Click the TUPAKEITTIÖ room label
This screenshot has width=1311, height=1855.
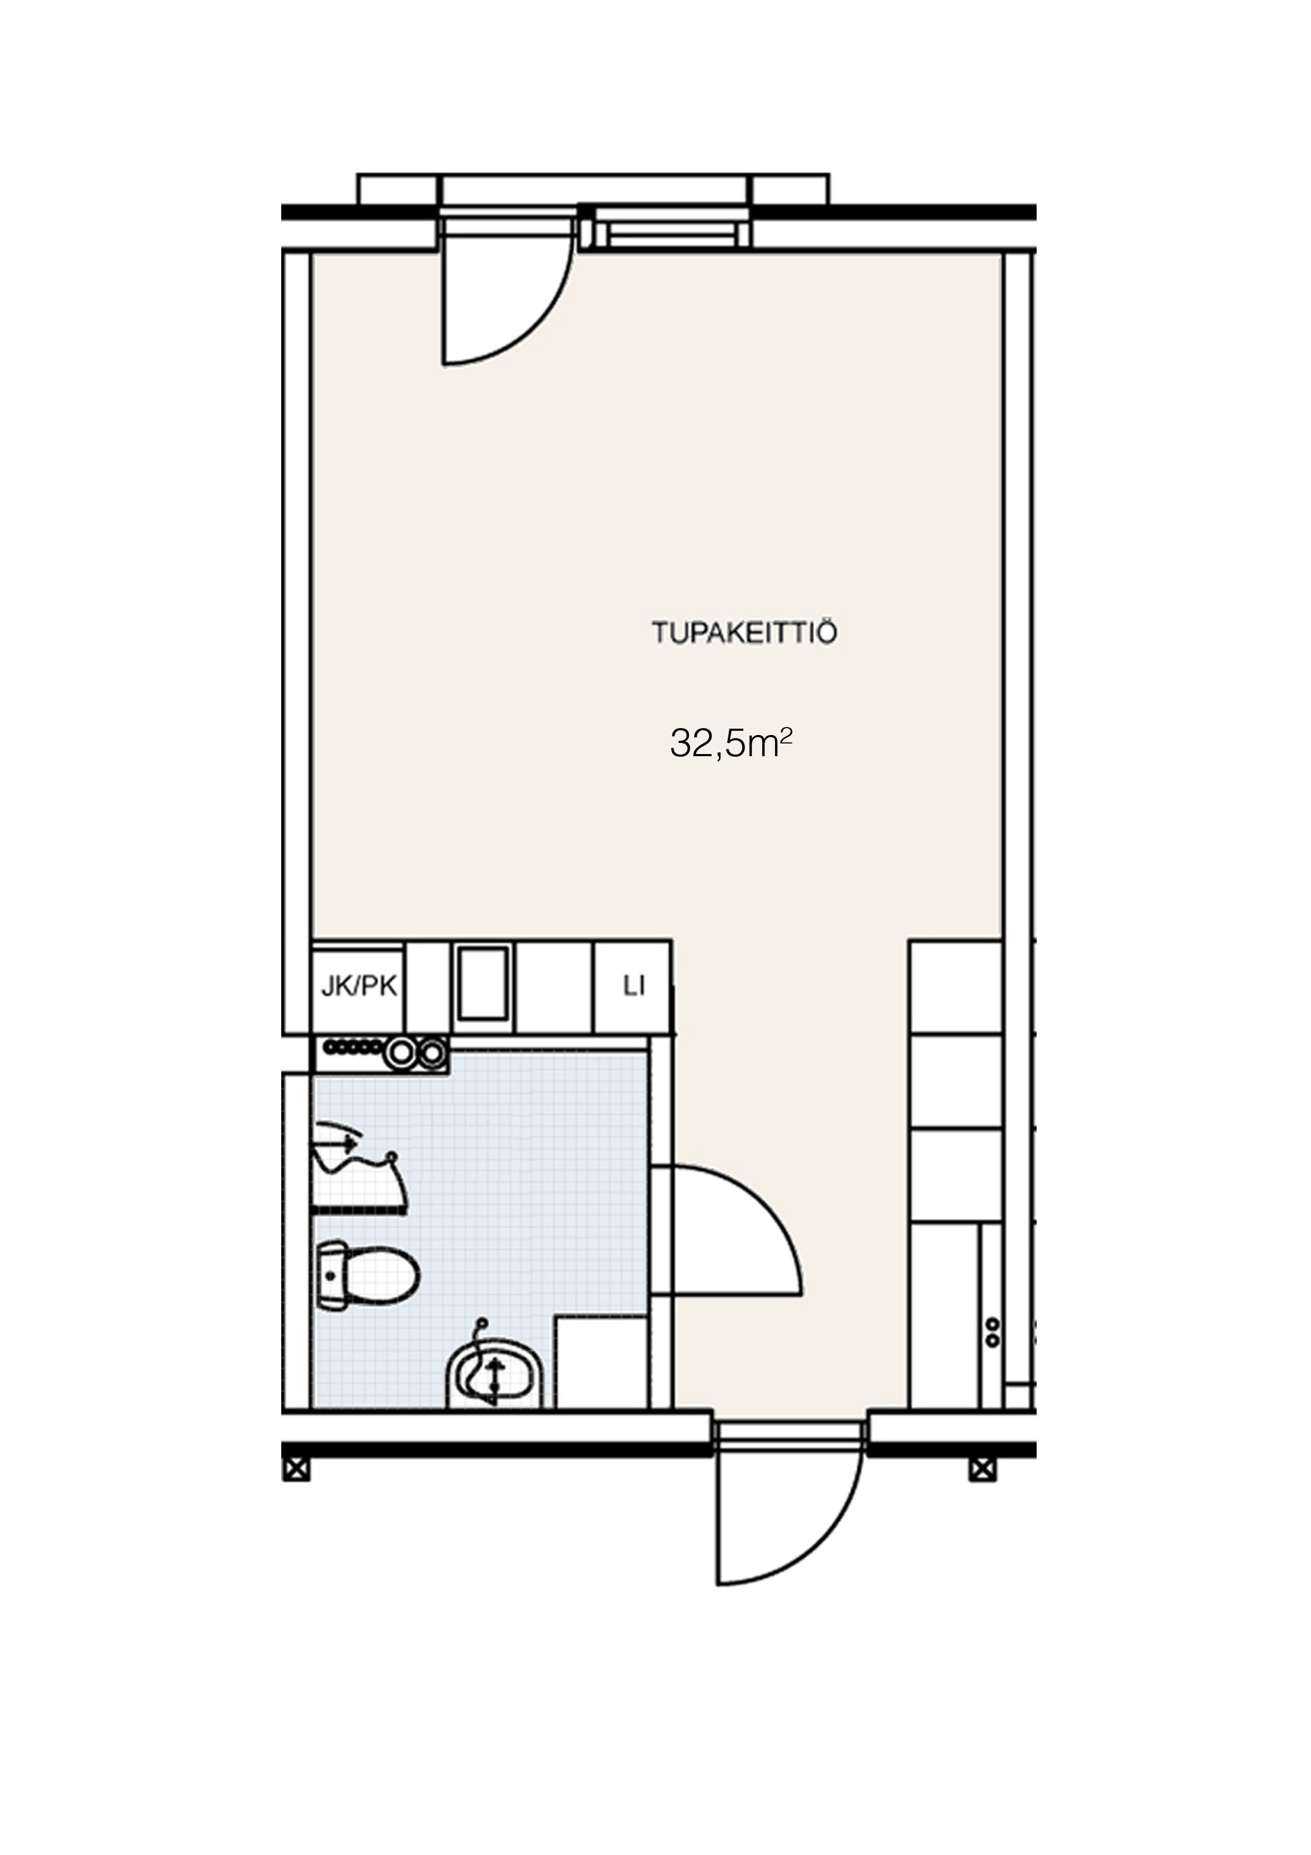[744, 632]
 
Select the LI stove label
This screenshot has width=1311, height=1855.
[634, 987]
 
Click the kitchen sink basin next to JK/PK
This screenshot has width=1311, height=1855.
[483, 984]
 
